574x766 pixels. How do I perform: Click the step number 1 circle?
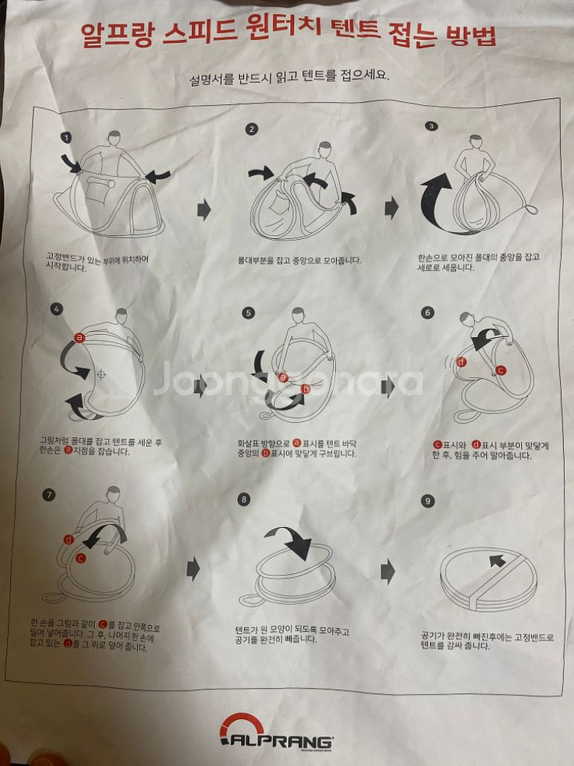point(67,138)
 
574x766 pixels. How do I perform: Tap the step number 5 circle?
point(249,313)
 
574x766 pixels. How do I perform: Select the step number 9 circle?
point(428,501)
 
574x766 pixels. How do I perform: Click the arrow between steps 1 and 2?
point(204,210)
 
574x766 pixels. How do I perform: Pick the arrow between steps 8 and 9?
point(388,571)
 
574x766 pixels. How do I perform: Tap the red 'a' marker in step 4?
point(79,338)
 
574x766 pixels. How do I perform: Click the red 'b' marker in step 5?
point(306,389)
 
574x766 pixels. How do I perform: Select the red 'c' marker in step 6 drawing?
point(501,370)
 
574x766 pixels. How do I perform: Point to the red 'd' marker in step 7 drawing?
point(69,540)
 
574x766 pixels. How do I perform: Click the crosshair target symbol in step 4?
point(102,375)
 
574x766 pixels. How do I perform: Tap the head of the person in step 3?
point(475,141)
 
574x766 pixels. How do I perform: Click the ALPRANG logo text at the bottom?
point(278,740)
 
